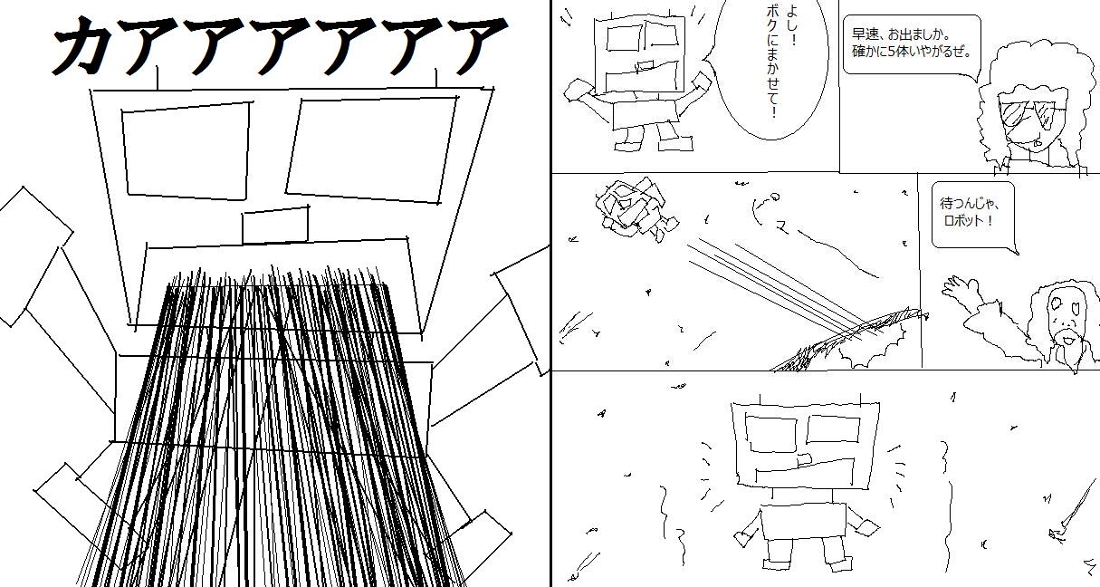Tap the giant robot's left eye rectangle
point(187,150)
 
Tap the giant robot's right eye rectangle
point(372,149)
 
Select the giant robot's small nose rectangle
point(275,225)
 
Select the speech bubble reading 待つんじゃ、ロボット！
point(974,217)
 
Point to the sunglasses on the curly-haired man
point(1028,114)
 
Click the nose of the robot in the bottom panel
point(803,460)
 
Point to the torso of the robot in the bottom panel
point(803,522)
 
